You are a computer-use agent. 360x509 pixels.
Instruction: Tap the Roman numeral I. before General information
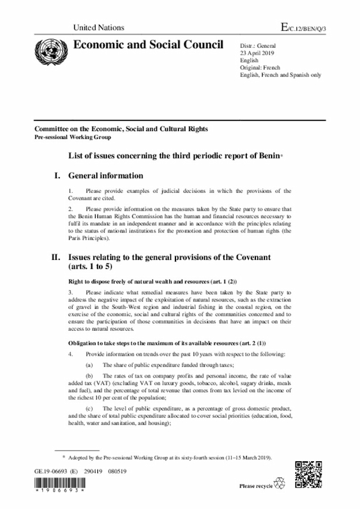(56, 176)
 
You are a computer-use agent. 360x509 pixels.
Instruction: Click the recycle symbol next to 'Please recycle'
(279, 484)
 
